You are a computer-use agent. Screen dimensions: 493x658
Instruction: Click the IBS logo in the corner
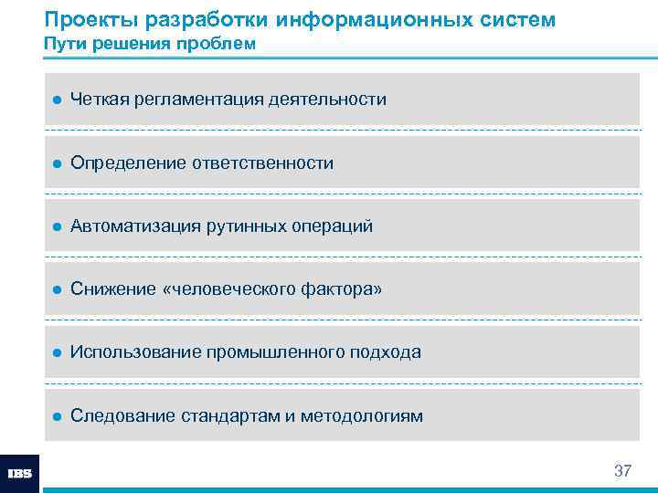(19, 474)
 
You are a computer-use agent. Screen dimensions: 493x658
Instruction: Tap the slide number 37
(622, 471)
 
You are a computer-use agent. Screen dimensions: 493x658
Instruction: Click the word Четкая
(99, 99)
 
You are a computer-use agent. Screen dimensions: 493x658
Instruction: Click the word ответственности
(263, 163)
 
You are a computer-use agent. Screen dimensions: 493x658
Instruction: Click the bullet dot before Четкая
(56, 100)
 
